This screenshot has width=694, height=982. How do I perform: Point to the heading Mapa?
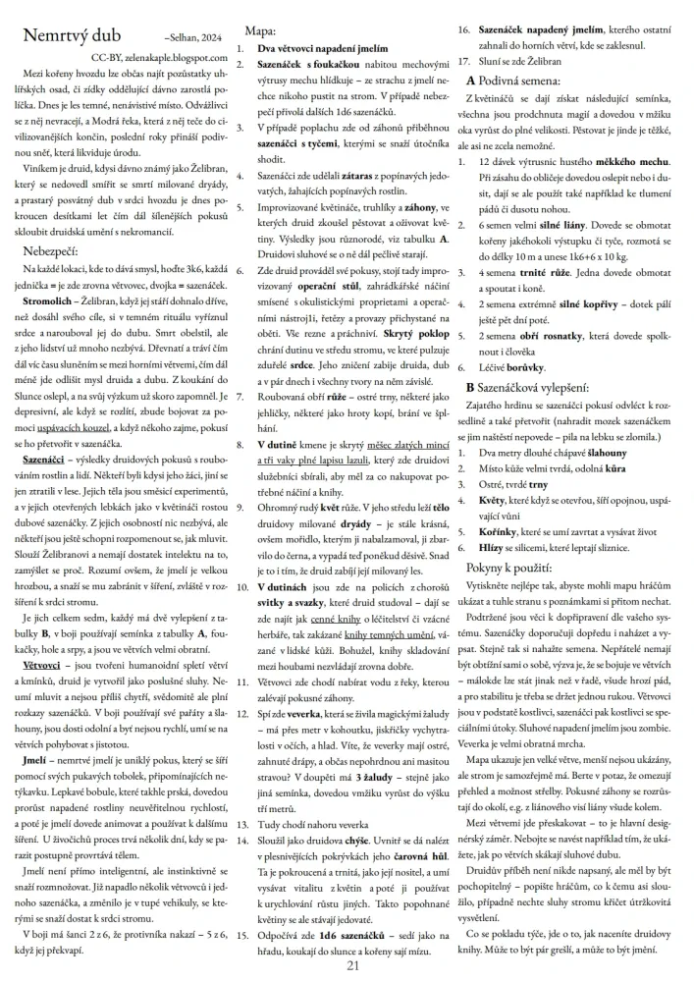click(x=258, y=32)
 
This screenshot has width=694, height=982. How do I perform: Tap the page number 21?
click(x=352, y=966)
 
